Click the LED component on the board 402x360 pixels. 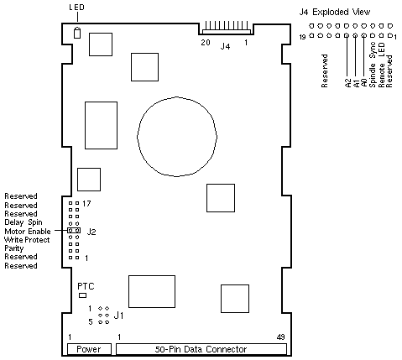pyautogui.click(x=77, y=33)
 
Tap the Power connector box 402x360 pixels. pyautogui.click(x=89, y=349)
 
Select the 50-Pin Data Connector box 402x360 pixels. pyautogui.click(x=201, y=349)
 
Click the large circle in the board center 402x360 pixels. pyautogui.click(x=177, y=137)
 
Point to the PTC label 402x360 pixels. pyautogui.click(x=86, y=286)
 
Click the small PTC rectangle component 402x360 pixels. pyautogui.click(x=82, y=295)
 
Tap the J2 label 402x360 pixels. pyautogui.click(x=91, y=232)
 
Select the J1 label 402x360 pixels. pyautogui.click(x=118, y=316)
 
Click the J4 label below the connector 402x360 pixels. pyautogui.click(x=225, y=46)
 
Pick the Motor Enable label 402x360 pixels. pyautogui.click(x=28, y=232)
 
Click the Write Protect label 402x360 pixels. pyautogui.click(x=27, y=240)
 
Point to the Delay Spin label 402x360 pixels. pyautogui.click(x=23, y=222)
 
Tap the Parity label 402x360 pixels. pyautogui.click(x=14, y=248)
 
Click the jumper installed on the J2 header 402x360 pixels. pyautogui.click(x=74, y=231)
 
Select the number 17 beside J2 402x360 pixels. pyautogui.click(x=86, y=204)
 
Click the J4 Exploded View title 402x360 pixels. pyautogui.click(x=335, y=12)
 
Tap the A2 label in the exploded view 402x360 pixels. pyautogui.click(x=348, y=83)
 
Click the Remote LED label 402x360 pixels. pyautogui.click(x=382, y=65)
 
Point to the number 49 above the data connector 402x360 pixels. pyautogui.click(x=280, y=337)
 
